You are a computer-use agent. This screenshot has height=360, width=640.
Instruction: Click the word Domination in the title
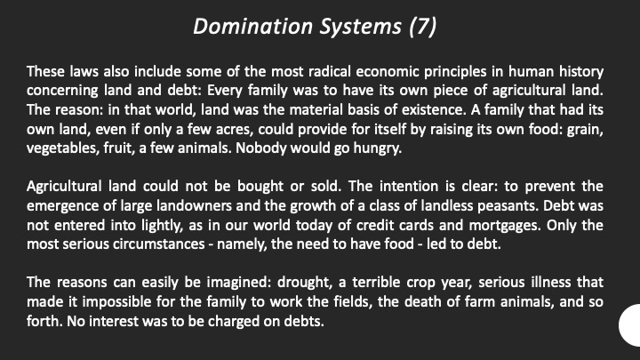pos(253,27)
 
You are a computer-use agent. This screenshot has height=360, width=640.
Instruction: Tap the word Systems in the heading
pos(360,28)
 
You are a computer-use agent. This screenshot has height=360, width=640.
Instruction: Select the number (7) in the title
pos(423,28)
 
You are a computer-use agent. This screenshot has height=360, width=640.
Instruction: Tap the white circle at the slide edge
pos(630,325)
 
